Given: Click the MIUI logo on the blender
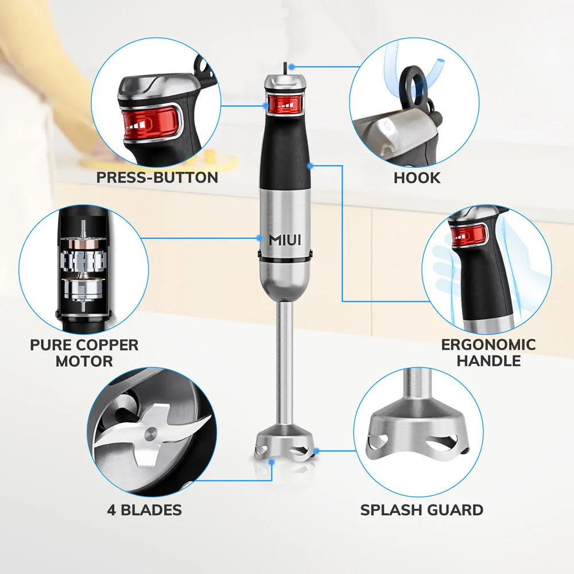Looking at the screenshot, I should [x=285, y=240].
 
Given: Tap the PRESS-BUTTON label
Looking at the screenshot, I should [x=157, y=177].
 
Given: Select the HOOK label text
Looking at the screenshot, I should [x=417, y=177].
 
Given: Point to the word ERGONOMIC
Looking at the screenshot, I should [x=488, y=345].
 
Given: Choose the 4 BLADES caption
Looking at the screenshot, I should [x=144, y=510].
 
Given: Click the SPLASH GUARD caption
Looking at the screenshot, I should [x=421, y=510].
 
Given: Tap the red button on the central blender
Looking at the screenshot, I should [x=285, y=104].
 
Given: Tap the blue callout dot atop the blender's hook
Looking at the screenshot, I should [x=292, y=67].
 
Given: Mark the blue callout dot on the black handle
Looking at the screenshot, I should [x=309, y=166].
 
